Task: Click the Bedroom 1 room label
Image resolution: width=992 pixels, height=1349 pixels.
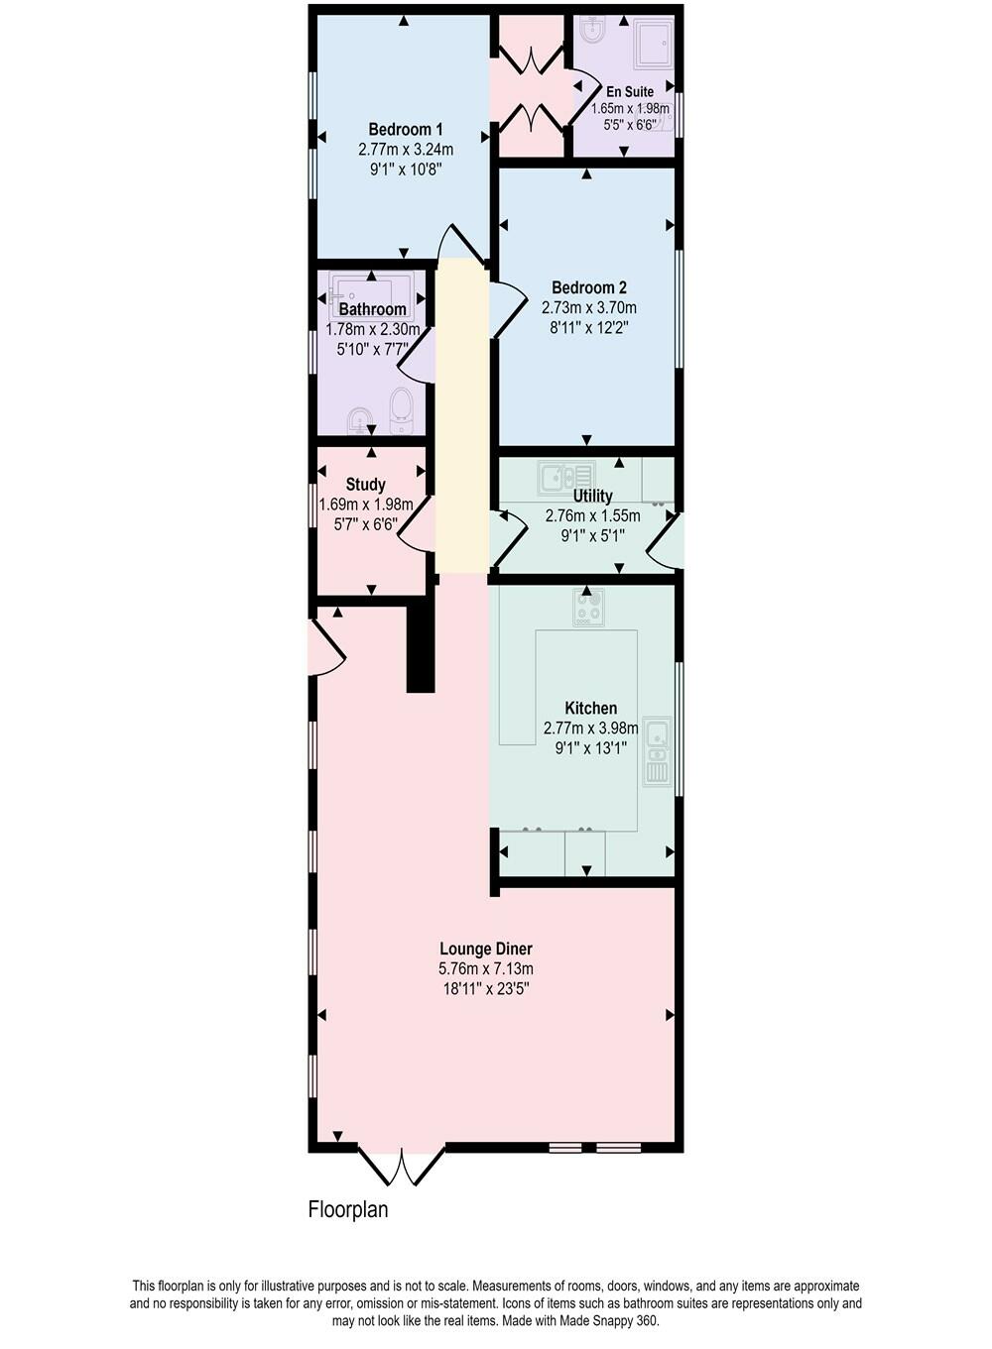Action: (406, 129)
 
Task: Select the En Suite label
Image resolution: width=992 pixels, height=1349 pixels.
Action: (630, 92)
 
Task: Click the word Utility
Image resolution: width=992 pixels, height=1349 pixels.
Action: (593, 496)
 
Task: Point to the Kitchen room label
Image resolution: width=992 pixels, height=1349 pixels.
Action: (591, 708)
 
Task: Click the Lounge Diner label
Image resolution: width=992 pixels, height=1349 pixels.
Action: (486, 949)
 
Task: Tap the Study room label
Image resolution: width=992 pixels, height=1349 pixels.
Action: (366, 485)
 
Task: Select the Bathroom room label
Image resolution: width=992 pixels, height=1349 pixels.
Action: (373, 309)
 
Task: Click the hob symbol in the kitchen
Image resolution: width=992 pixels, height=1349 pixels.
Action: (588, 607)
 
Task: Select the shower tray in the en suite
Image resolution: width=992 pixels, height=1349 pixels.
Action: (653, 43)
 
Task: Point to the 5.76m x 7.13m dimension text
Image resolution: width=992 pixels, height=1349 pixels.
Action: (486, 968)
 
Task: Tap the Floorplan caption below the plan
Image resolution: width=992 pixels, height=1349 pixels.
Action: (348, 1209)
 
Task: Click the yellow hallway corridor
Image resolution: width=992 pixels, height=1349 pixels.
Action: (461, 416)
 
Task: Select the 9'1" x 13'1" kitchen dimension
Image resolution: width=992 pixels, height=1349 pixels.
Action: (591, 747)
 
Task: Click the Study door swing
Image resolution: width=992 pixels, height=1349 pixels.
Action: (417, 523)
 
